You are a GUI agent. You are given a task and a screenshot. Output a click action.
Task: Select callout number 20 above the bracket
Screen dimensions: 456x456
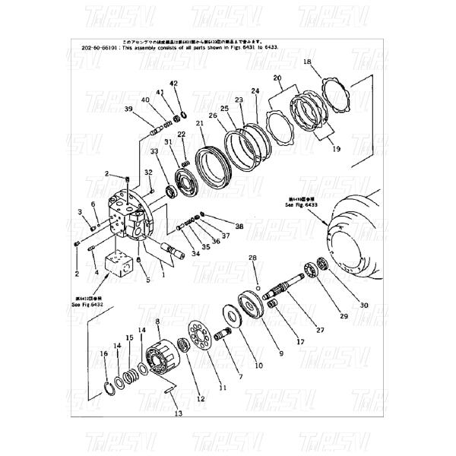tap(277, 78)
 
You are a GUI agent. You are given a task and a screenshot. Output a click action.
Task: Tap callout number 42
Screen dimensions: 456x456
tap(173, 83)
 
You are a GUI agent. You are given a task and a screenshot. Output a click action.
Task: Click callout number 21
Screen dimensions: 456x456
tap(199, 123)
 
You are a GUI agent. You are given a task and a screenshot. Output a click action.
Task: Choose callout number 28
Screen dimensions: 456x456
tap(255, 259)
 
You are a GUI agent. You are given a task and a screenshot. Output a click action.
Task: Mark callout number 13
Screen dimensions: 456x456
tap(179, 413)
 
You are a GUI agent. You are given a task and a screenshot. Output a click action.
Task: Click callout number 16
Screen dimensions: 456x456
tap(104, 353)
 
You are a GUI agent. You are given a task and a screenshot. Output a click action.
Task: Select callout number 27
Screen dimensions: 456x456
tap(319, 330)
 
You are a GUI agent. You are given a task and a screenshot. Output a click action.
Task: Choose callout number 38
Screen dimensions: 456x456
tap(239, 226)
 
